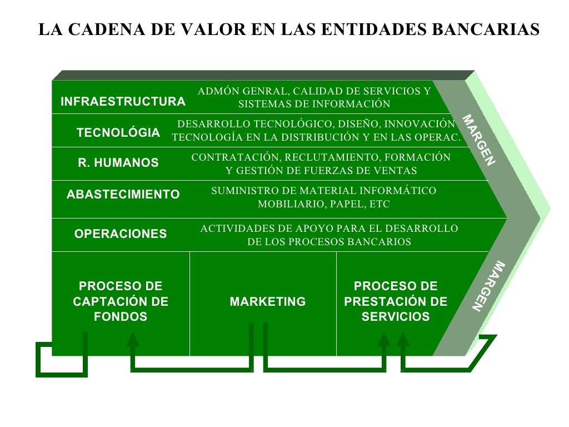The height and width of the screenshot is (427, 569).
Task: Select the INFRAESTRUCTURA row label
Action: [123, 102]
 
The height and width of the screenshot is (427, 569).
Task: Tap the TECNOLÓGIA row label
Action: [118, 133]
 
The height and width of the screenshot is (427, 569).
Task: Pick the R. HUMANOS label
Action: [118, 163]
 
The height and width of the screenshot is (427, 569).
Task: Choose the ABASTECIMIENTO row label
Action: [123, 195]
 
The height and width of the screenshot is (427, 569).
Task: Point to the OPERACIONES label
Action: [121, 234]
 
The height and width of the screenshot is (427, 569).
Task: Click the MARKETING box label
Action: [268, 301]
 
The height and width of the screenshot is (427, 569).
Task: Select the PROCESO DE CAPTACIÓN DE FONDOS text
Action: [121, 301]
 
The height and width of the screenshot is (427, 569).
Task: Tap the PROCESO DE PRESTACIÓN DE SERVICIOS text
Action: [396, 301]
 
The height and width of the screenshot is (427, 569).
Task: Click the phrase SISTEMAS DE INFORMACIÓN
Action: [315, 104]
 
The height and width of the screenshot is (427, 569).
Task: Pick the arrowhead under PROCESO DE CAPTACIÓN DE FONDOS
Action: [132, 339]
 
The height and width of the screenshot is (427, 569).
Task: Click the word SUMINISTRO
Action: [239, 191]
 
